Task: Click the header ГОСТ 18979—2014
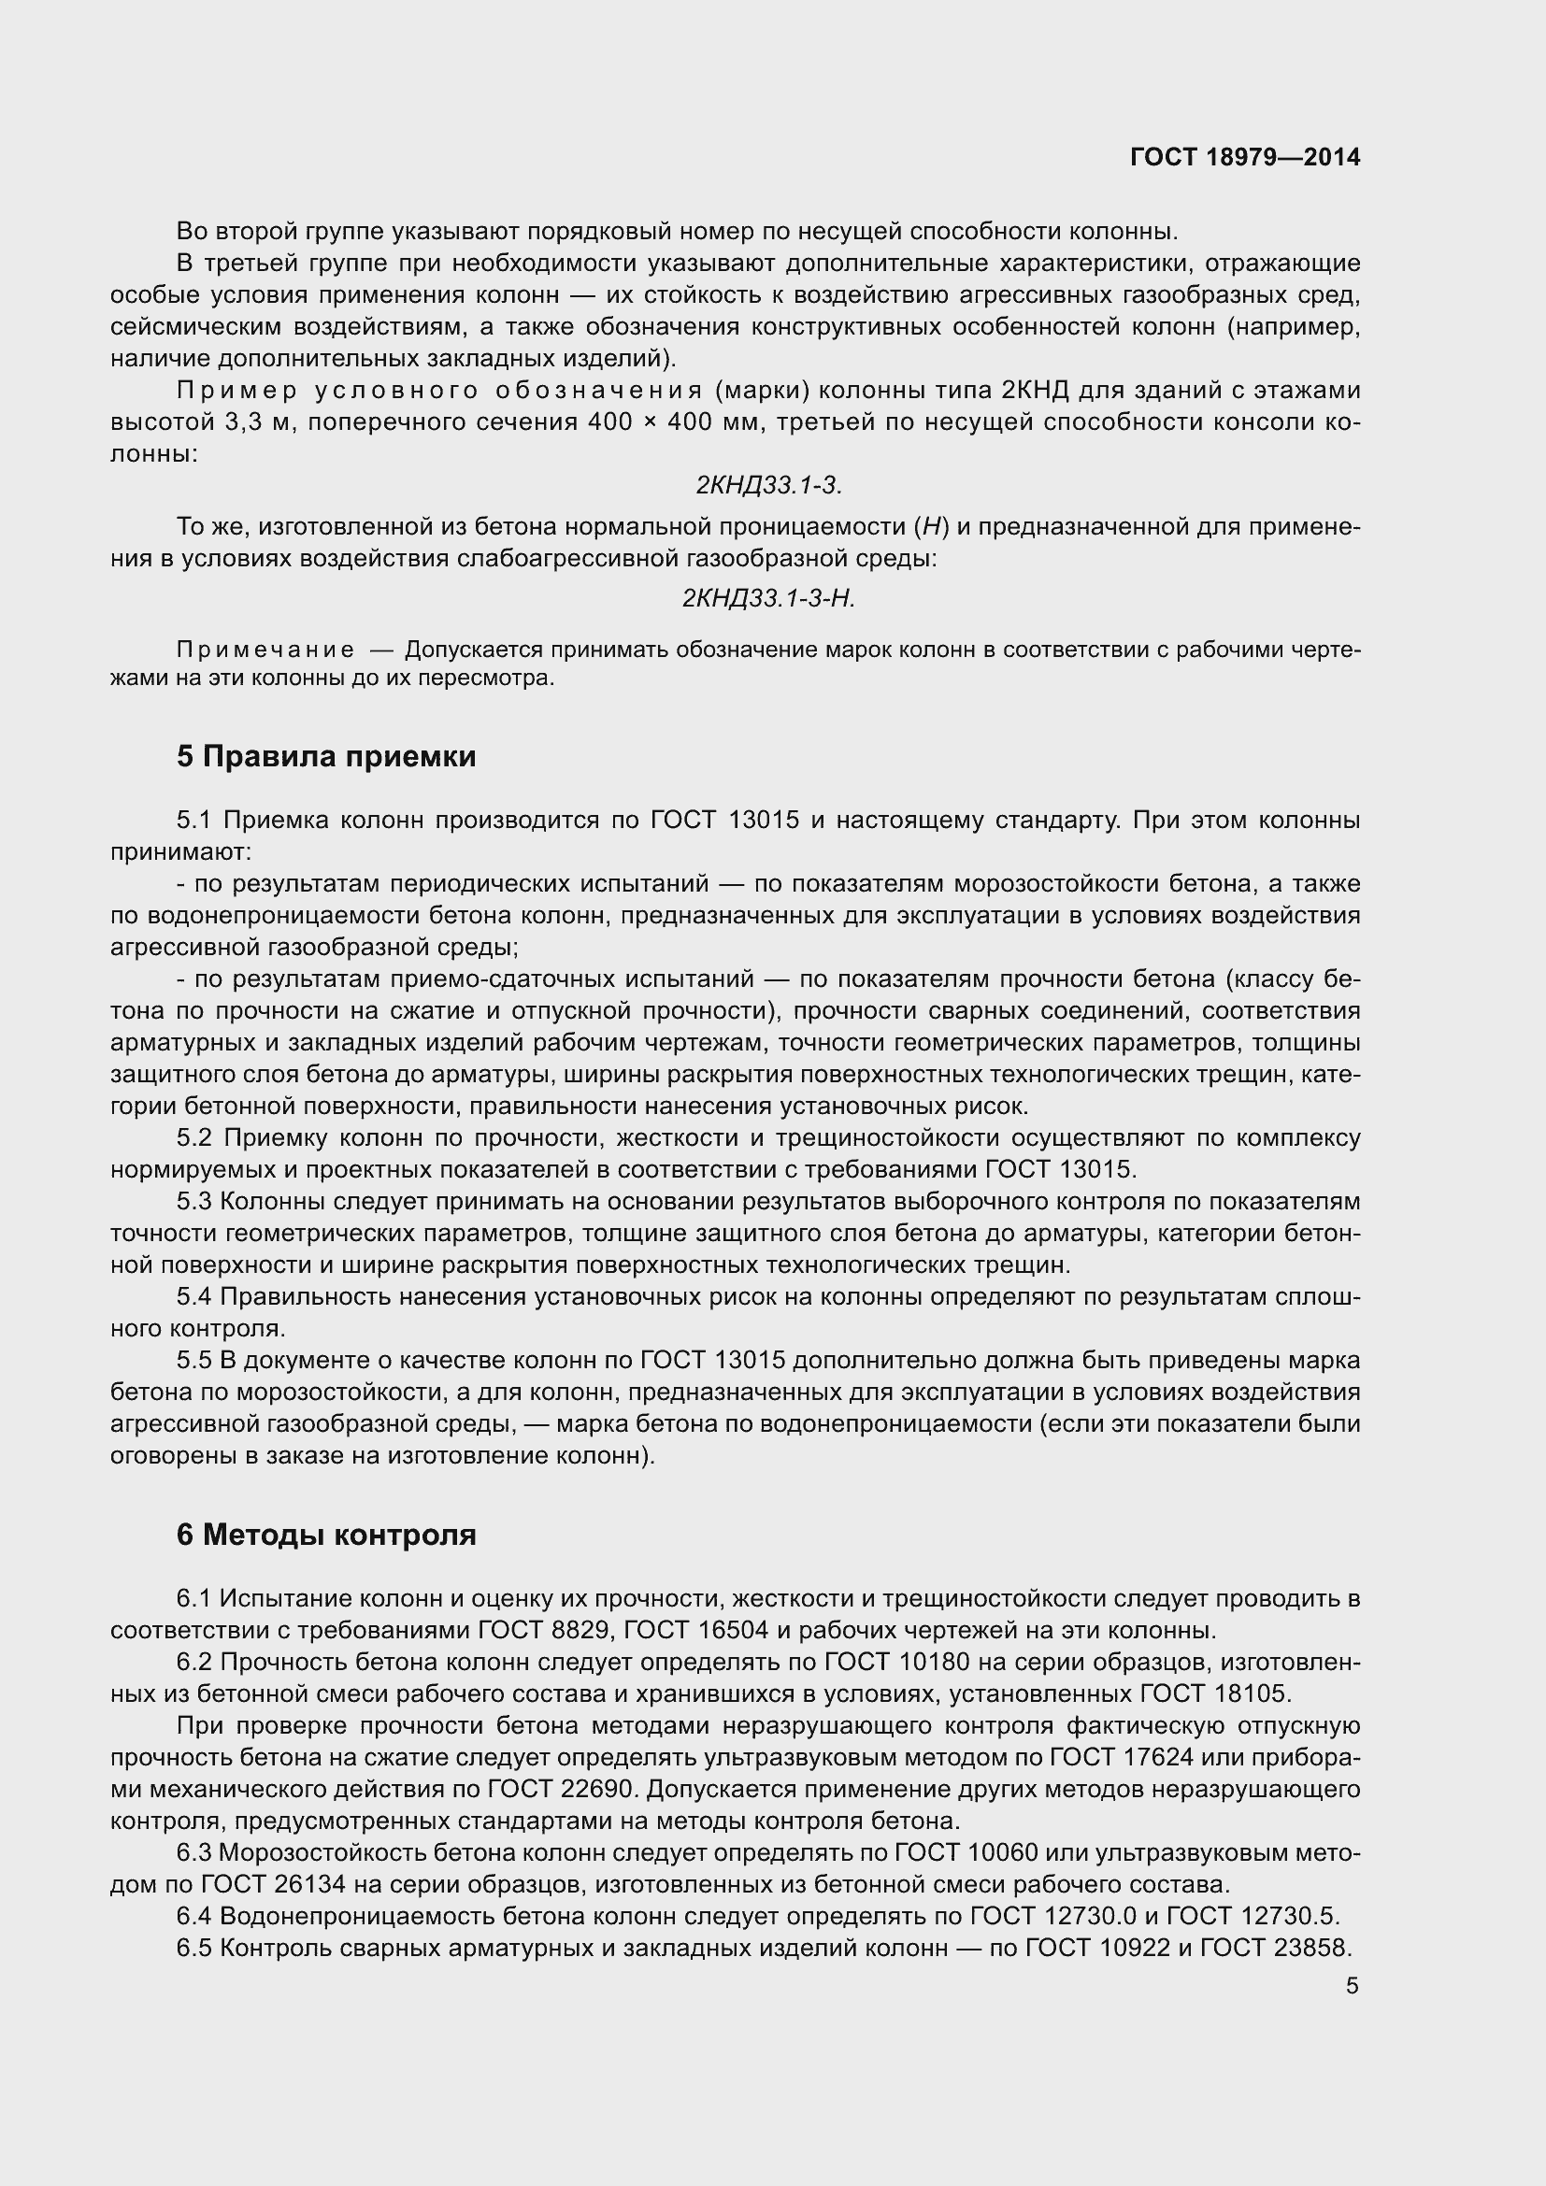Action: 1244,157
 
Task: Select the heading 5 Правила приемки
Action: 325,757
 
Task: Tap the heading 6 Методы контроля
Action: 325,1535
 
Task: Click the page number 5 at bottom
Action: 1352,1986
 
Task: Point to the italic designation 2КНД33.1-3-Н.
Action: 768,598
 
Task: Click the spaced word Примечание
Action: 265,650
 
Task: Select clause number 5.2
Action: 198,1138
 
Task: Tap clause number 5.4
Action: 198,1297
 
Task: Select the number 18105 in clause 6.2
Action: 1251,1693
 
